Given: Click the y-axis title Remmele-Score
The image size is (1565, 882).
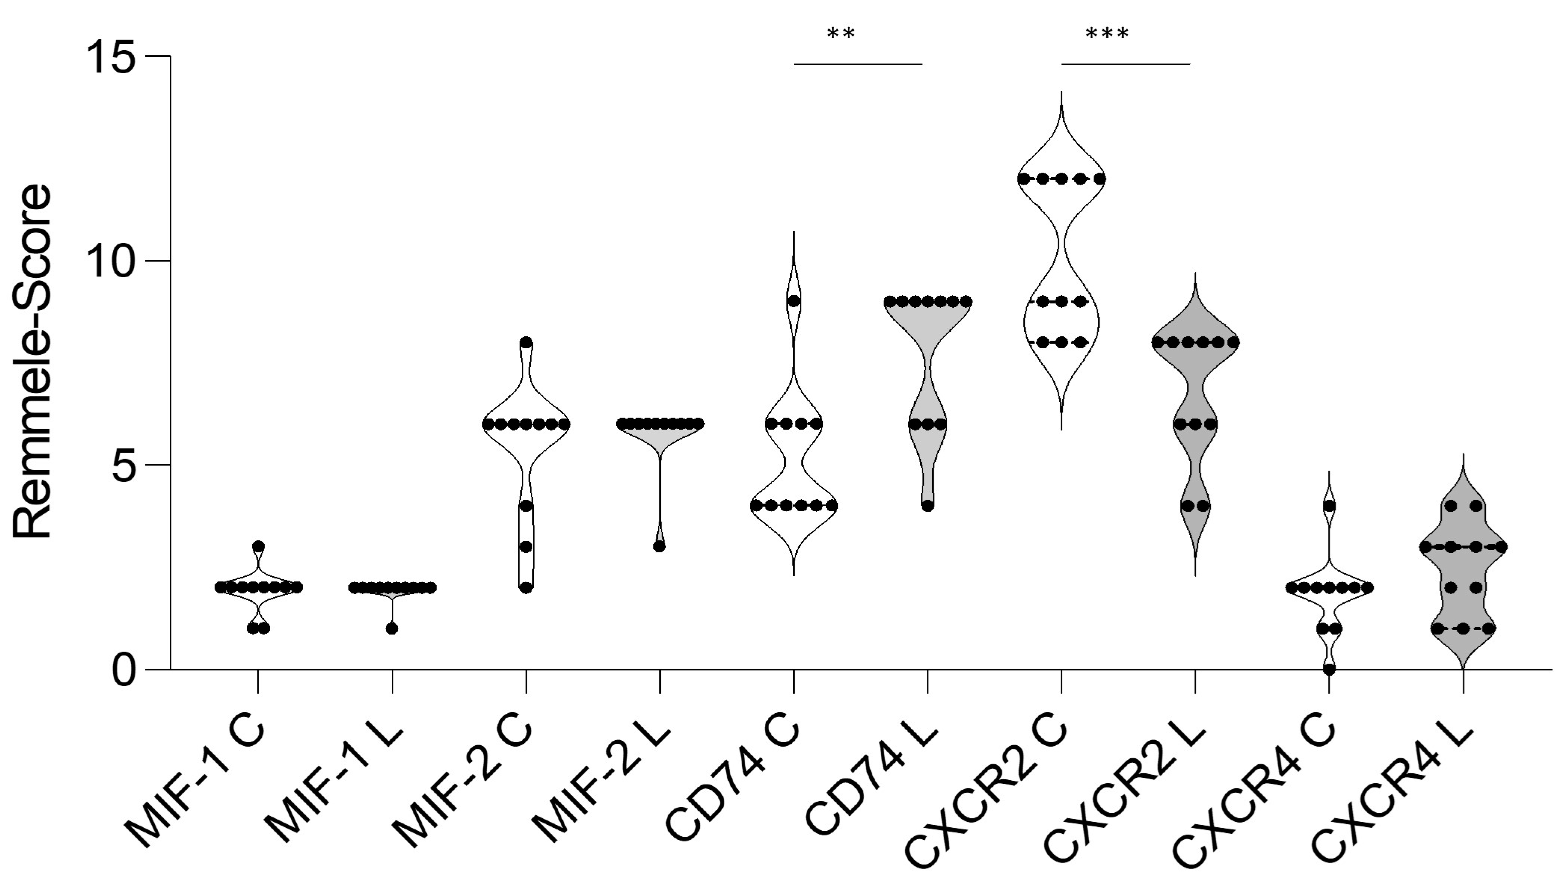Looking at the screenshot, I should [x=32, y=362].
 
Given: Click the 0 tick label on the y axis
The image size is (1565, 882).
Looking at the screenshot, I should [x=124, y=671].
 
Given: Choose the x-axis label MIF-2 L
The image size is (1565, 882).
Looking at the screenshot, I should [x=601, y=784].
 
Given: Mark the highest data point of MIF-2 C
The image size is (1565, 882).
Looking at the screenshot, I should [x=526, y=343].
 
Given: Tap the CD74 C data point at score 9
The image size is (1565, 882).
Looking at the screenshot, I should [x=794, y=301].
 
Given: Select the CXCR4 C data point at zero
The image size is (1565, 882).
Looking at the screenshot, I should [x=1329, y=669].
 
